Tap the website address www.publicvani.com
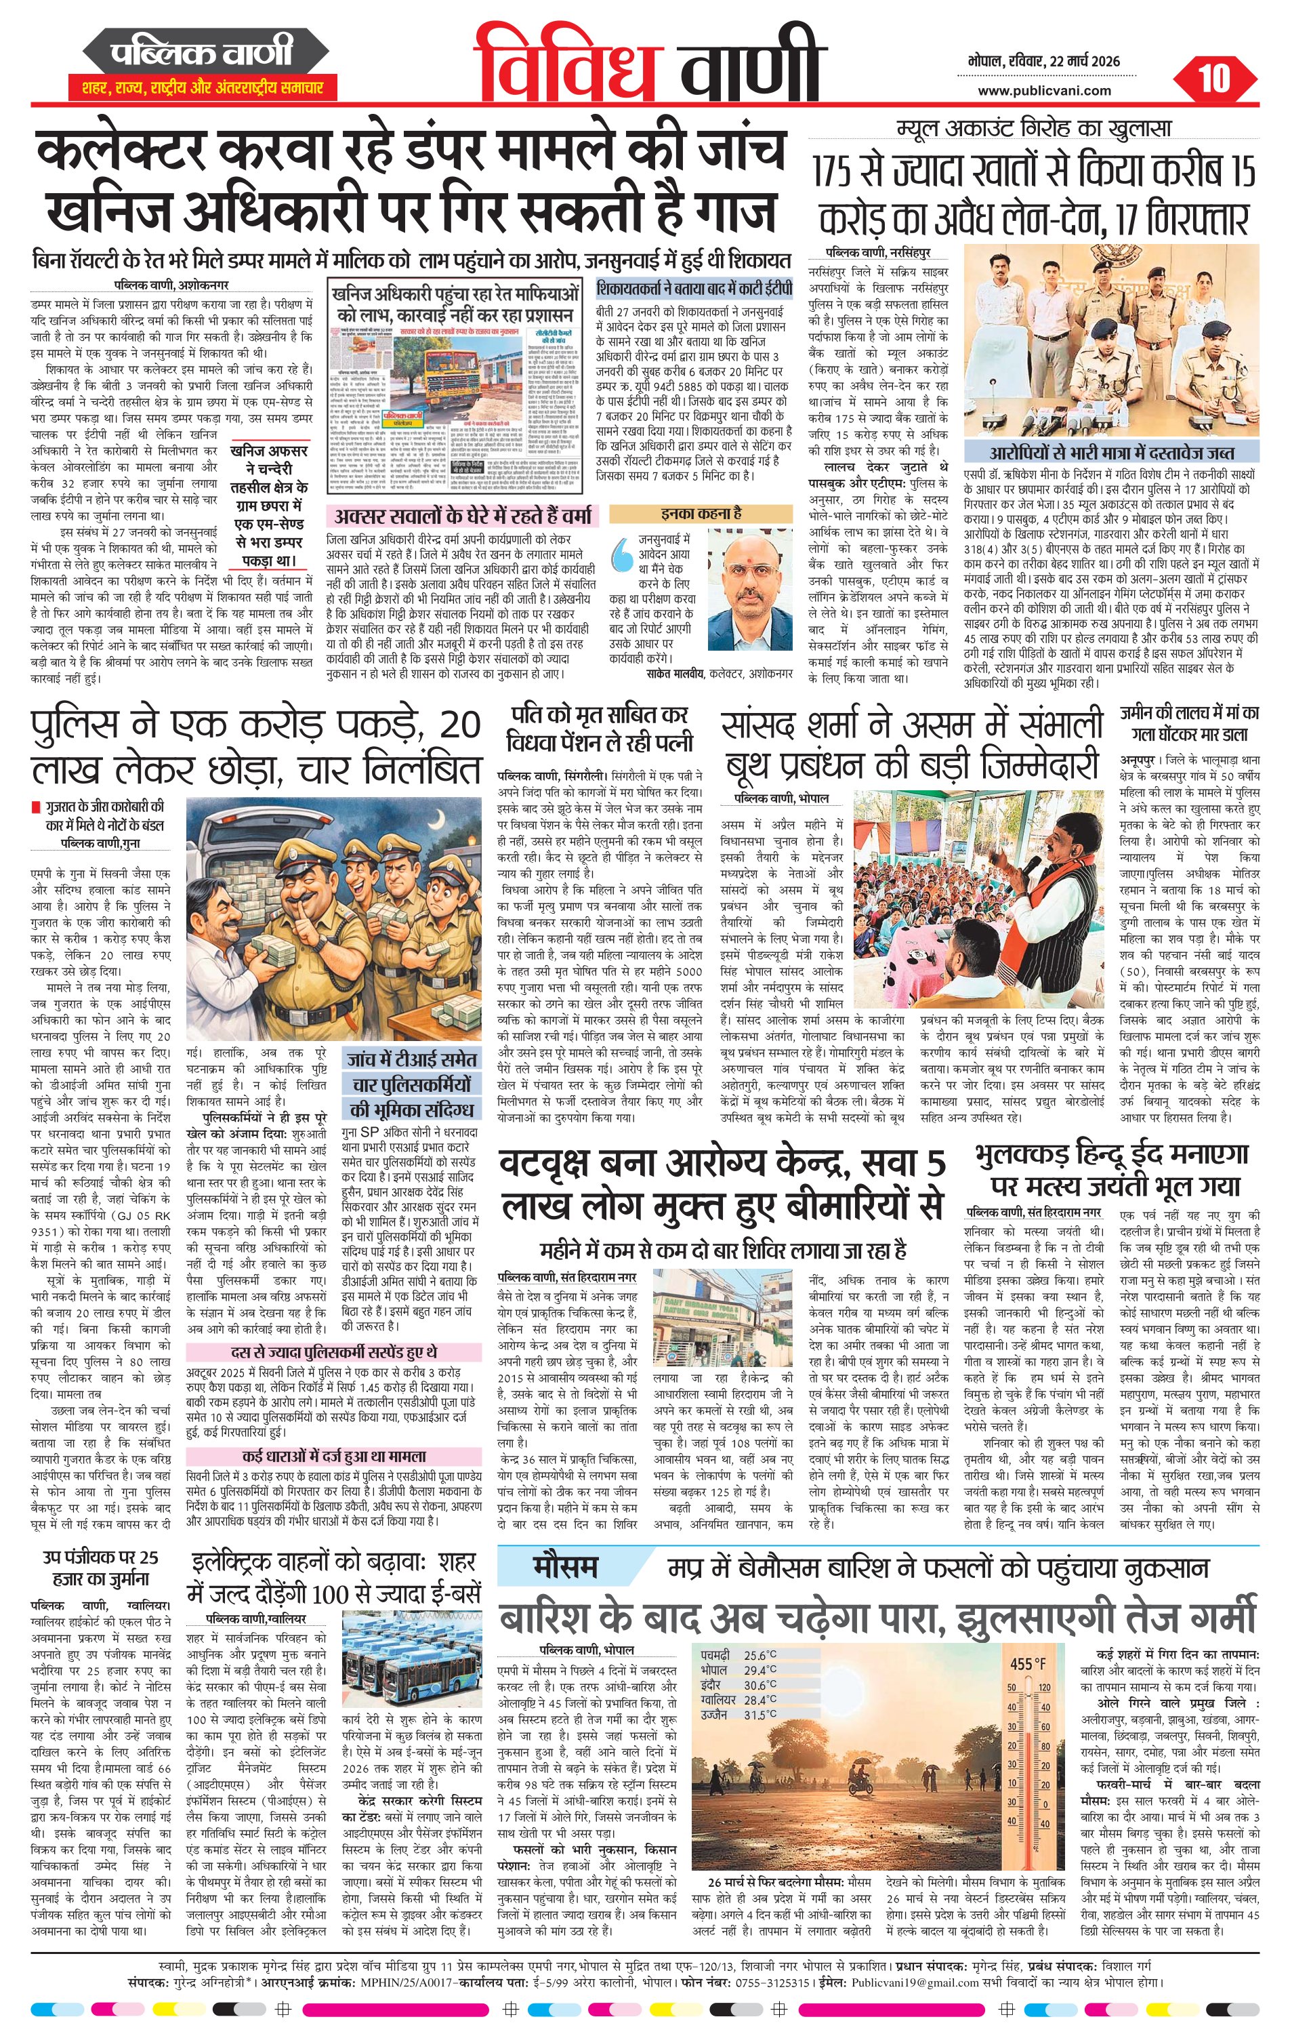[1045, 91]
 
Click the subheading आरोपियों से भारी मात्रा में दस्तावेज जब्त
[1112, 453]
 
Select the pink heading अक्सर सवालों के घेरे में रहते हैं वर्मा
[462, 515]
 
